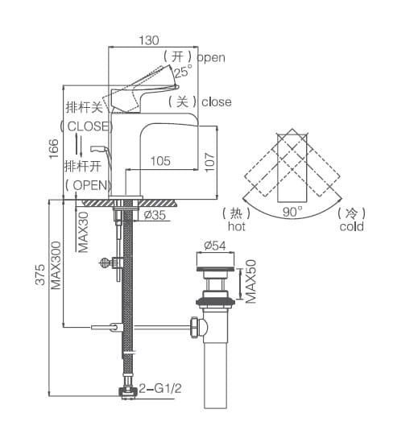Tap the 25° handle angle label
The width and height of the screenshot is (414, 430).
point(184,72)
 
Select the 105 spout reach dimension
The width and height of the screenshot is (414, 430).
point(160,161)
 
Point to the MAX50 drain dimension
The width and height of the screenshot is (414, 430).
point(250,281)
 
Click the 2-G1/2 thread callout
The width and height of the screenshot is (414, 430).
point(160,388)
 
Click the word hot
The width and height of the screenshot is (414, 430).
point(236,227)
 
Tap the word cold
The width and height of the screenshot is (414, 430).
point(351,227)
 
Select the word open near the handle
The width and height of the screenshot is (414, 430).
point(211,57)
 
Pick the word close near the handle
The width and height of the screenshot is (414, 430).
point(217,102)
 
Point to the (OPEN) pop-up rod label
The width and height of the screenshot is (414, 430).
point(86,184)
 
